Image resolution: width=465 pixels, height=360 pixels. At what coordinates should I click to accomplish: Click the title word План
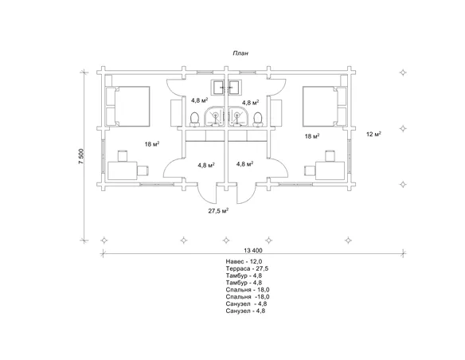click(240, 53)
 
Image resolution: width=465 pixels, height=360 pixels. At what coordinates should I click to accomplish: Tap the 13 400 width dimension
click(253, 250)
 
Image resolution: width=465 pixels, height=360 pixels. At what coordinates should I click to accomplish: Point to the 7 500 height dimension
click(81, 156)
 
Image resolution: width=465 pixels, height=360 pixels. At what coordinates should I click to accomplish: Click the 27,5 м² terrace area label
click(218, 211)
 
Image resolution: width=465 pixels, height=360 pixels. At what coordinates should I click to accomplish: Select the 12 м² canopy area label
click(373, 134)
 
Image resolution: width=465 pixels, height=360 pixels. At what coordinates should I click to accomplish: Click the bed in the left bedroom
click(132, 107)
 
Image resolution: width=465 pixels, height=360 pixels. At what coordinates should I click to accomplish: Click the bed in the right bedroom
click(320, 106)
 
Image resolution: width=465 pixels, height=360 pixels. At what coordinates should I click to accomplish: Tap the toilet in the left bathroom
click(194, 119)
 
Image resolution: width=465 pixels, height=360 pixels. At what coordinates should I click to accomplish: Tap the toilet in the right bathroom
click(258, 119)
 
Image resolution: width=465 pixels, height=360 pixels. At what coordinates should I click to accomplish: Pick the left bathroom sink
click(218, 87)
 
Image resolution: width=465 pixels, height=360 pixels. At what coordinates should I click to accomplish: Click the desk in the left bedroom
click(122, 170)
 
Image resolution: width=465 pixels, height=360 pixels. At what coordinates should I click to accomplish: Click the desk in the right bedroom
click(330, 170)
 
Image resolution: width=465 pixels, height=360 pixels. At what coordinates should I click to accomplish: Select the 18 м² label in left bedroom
click(152, 144)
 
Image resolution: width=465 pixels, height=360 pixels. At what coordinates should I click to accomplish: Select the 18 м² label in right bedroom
click(312, 136)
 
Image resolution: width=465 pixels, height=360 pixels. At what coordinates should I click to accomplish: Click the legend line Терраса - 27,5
click(247, 268)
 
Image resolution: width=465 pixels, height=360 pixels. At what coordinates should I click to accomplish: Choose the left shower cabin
click(214, 116)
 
